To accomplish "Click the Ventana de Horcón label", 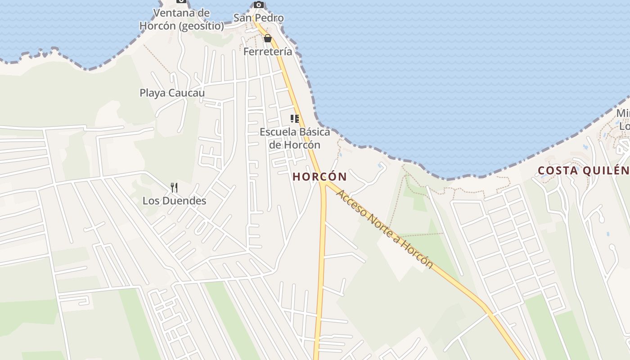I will point(181,19).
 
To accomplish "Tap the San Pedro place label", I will point(258,18).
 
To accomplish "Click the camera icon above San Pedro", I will point(258,4).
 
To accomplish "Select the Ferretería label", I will point(268,52).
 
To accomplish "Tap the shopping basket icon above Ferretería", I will point(268,38).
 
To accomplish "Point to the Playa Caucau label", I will point(172,93).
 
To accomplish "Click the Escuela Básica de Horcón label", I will point(295,138).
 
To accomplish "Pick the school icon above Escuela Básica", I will point(295,119).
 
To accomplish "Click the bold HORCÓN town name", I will point(320,177).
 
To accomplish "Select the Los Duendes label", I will point(174,201).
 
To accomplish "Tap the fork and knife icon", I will point(174,188).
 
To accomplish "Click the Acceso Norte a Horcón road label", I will point(385,229).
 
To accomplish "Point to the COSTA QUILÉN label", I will point(584,171).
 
